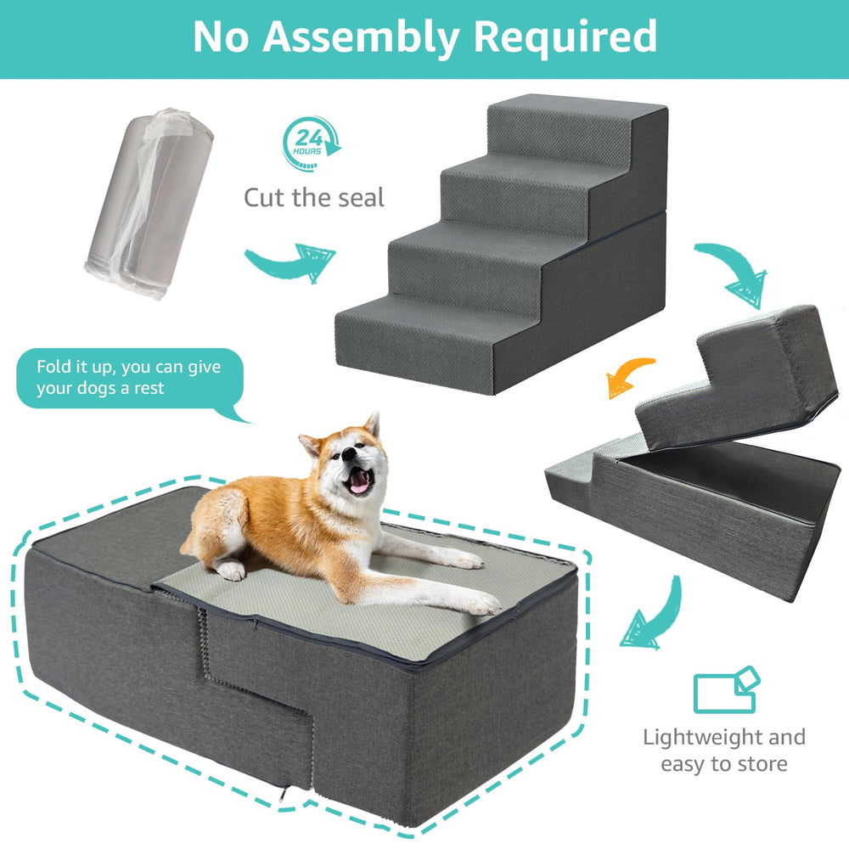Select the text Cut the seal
pos(314,198)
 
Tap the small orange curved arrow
pos(629,377)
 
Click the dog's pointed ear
pos(370,426)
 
